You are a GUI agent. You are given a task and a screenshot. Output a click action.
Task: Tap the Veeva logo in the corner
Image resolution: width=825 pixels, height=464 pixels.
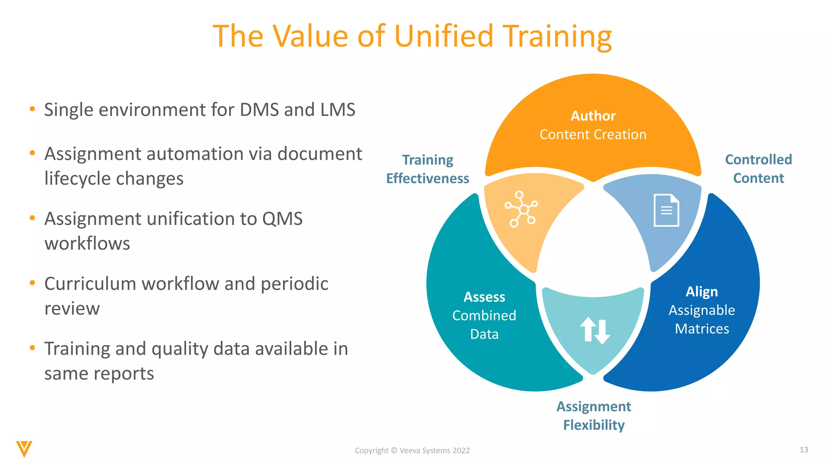(24, 449)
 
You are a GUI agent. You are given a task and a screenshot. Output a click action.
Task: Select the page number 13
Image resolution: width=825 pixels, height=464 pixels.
(804, 449)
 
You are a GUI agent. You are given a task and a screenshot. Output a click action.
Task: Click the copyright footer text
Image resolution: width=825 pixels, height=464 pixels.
(412, 450)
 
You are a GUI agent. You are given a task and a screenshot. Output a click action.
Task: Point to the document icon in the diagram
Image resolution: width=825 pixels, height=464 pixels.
(666, 210)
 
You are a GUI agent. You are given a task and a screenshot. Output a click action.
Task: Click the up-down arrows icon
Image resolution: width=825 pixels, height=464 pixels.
(595, 330)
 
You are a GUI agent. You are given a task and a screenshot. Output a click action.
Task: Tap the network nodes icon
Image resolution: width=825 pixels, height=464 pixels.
(521, 209)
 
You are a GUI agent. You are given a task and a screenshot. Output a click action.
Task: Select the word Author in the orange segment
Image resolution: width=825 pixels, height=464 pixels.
(593, 116)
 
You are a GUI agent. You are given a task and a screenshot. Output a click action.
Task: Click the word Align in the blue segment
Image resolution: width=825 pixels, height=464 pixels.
(702, 292)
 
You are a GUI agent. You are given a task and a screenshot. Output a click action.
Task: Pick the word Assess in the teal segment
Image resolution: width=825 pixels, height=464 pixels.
(484, 297)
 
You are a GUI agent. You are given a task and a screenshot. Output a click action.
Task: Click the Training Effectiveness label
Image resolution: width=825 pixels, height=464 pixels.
(427, 169)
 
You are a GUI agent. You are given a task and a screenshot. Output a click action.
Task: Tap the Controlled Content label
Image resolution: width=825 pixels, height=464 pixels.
(759, 169)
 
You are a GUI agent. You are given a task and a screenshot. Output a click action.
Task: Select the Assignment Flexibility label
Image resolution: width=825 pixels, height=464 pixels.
(594, 416)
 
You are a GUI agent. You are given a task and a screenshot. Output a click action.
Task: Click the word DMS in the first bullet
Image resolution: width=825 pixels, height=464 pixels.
(259, 110)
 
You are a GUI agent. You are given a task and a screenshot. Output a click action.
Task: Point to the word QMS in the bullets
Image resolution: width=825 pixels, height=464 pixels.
(282, 219)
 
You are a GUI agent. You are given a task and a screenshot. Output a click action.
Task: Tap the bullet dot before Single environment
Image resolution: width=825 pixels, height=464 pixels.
(33, 109)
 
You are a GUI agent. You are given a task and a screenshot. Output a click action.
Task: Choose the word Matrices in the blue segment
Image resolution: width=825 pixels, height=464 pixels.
(702, 329)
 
